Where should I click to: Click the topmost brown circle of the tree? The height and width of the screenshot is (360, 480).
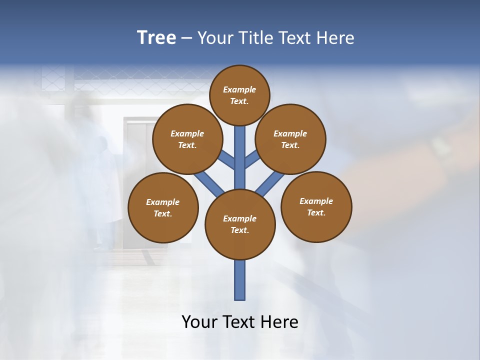239,95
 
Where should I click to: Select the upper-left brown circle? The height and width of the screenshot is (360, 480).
187,139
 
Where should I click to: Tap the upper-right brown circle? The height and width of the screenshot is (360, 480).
290,139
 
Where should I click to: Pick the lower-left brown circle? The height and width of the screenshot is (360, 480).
163,207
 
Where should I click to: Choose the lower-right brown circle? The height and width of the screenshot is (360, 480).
316,206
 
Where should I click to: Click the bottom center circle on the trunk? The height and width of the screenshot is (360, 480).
240,224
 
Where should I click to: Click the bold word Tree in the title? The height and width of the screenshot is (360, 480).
156,38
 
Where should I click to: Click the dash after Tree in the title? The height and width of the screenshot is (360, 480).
186,38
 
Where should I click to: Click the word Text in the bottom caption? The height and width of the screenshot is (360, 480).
239,322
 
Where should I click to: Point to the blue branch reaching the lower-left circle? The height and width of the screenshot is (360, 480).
208,182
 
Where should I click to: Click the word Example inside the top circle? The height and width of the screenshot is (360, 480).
239,89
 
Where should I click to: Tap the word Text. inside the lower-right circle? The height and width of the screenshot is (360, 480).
316,212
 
